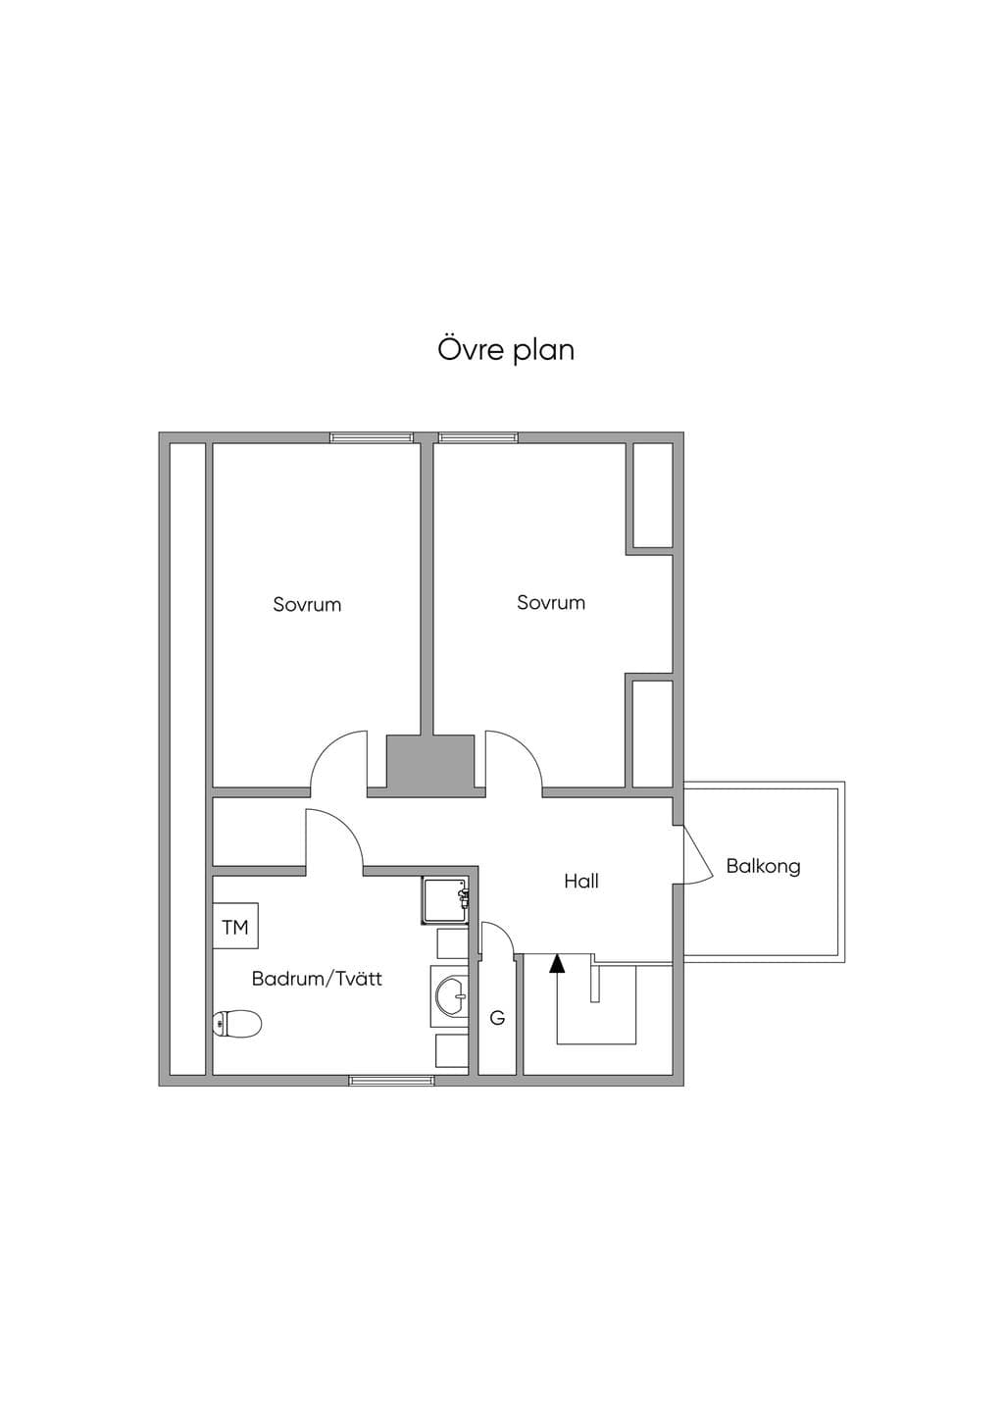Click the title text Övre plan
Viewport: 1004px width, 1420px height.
coord(506,349)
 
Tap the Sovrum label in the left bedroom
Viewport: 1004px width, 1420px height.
coord(307,604)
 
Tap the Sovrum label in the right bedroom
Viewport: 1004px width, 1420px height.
coord(551,602)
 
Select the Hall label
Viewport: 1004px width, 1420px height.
coord(581,881)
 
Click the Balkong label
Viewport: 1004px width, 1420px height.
coord(763,866)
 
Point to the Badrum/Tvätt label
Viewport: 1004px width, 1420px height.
coord(317,979)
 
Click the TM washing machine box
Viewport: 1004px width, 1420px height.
coord(235,926)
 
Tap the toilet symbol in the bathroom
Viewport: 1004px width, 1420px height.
coord(237,1023)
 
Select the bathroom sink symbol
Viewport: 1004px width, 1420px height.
coord(452,996)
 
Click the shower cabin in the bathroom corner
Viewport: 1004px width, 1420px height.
coord(445,901)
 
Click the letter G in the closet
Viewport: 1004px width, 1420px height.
coord(497,1018)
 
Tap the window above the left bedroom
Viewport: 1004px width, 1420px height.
coord(372,436)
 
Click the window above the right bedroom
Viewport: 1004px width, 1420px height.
coord(478,436)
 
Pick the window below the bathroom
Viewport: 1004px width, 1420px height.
coord(392,1081)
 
